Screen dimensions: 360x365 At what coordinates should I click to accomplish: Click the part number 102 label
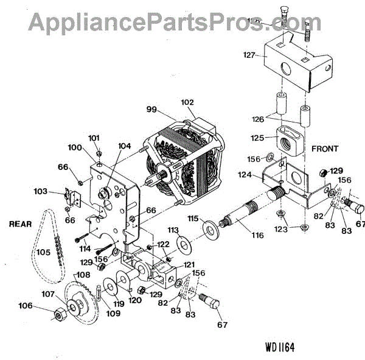187,102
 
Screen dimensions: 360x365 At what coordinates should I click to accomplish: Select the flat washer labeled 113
182,245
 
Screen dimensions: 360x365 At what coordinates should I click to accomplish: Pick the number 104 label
124,146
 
